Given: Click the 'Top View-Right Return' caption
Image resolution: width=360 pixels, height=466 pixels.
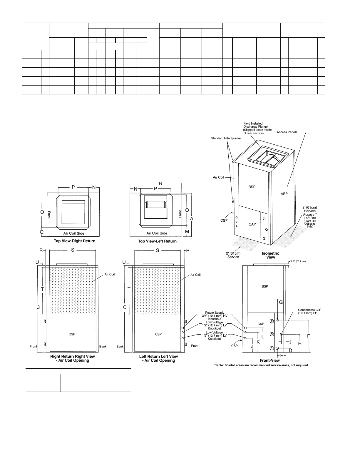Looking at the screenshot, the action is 74,241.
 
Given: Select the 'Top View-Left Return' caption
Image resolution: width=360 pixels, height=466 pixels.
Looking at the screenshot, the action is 157,241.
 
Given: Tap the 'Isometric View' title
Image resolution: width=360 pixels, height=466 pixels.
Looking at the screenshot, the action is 270,255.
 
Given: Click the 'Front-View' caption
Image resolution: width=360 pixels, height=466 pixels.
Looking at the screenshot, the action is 269,360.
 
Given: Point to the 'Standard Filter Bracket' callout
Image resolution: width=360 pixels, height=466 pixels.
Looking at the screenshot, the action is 226,138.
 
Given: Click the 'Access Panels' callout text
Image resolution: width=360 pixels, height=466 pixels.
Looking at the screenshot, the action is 287,132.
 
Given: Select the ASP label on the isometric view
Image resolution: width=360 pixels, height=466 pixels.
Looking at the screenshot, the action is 284,194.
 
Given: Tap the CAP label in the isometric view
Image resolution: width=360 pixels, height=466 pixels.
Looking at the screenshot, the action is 252,224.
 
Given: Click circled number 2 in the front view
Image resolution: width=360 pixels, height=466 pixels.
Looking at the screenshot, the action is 272,321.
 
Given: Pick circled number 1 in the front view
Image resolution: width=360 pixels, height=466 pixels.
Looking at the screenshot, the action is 272,348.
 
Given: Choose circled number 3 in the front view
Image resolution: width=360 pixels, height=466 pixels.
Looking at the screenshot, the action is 272,334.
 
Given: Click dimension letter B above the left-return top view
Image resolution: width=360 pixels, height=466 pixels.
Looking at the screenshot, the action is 160,183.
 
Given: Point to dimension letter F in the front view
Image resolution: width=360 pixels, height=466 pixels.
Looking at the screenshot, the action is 309,336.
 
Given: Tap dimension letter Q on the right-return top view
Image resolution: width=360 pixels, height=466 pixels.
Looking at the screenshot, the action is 42,232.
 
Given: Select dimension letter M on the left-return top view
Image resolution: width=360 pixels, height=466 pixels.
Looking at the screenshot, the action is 187,232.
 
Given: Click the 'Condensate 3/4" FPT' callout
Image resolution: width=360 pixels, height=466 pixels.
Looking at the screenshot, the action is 309,311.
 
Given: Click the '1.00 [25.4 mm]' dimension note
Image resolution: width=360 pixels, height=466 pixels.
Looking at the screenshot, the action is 299,261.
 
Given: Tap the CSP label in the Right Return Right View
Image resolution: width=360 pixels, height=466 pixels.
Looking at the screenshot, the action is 72,334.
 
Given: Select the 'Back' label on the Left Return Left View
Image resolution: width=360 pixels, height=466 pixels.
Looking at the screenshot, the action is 120,346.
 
